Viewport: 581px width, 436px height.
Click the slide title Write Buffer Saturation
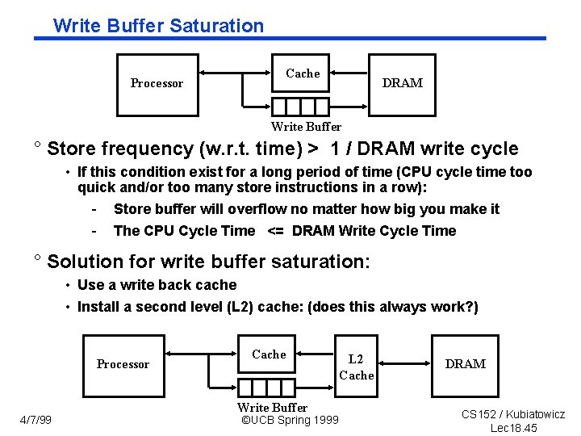click(158, 25)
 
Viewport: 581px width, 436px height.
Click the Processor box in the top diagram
click(157, 83)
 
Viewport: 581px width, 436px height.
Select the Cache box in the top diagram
click(303, 73)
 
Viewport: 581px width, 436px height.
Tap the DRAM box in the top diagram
click(402, 83)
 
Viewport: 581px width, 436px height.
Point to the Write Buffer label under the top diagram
click(306, 126)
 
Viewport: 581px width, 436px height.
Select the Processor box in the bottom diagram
click(123, 364)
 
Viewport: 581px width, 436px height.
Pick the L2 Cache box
click(356, 367)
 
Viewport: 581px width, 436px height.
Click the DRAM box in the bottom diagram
click(466, 364)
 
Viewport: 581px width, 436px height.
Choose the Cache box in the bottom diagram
click(269, 354)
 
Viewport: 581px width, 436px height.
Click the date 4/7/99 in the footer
click(36, 419)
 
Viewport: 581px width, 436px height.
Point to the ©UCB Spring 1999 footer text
click(290, 420)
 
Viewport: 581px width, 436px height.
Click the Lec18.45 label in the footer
click(513, 428)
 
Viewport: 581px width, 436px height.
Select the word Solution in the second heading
click(82, 262)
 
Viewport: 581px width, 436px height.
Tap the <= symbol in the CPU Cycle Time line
click(274, 231)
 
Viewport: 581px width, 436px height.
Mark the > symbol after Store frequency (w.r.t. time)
click(312, 149)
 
